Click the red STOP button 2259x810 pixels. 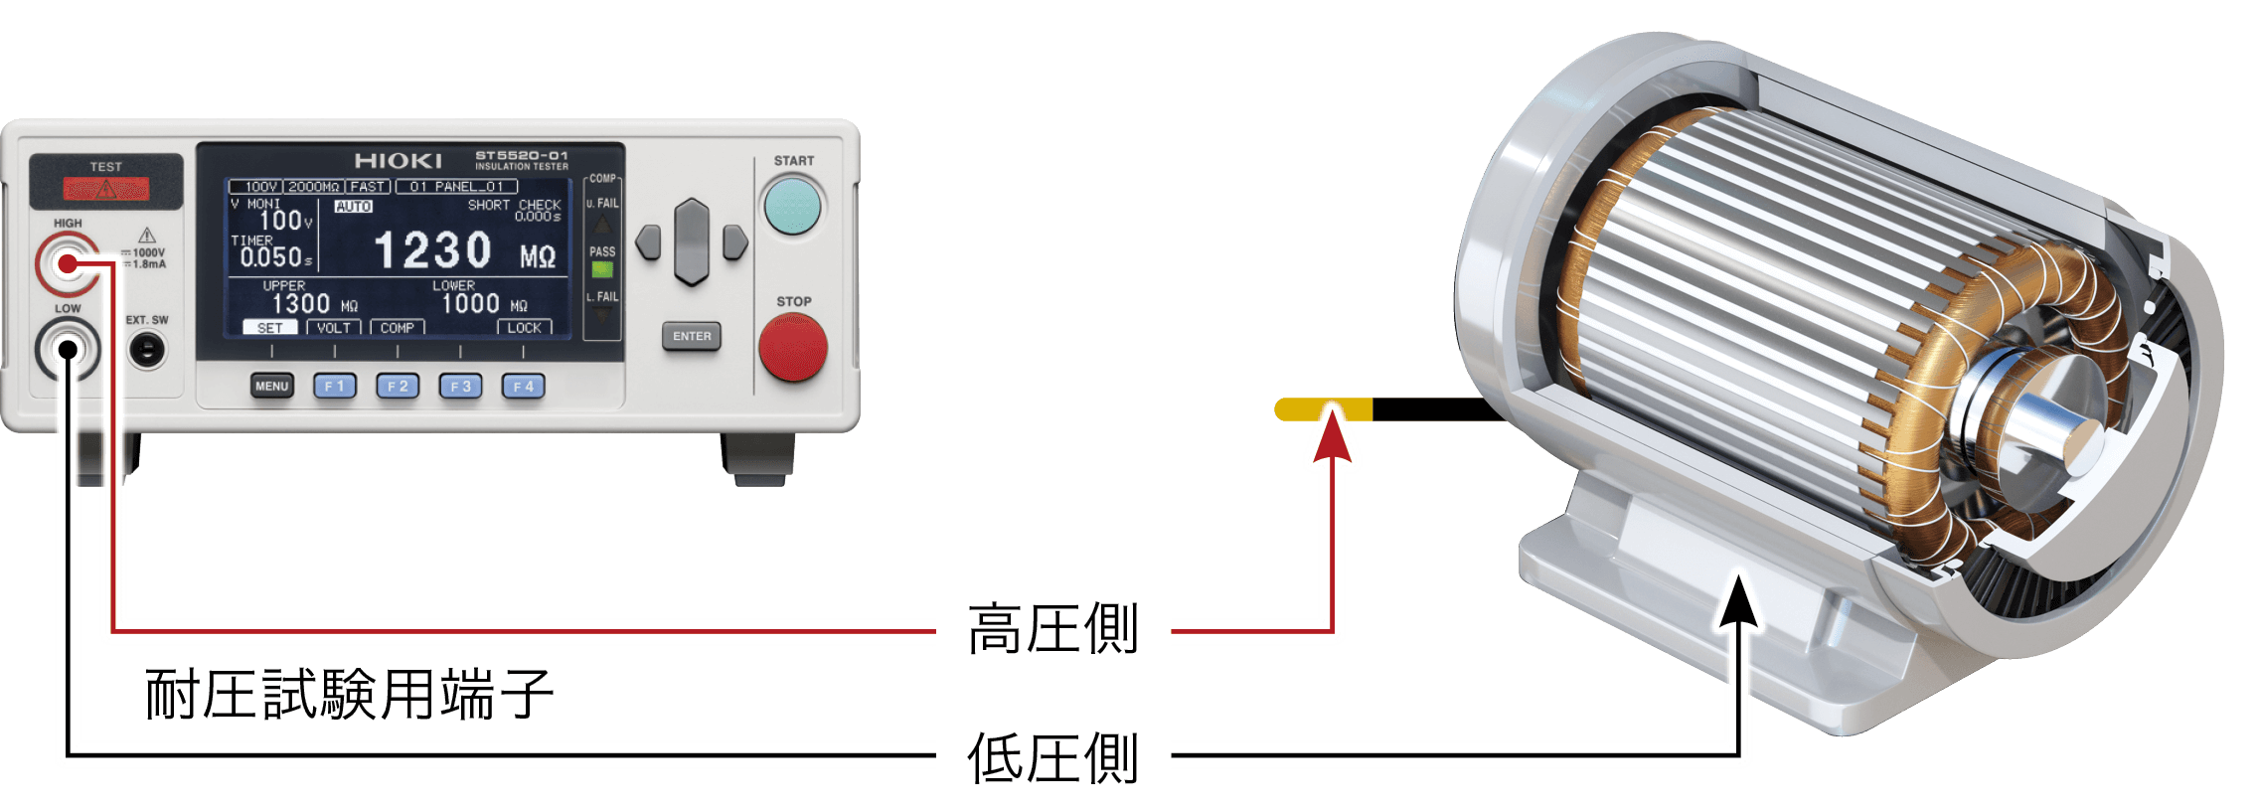[x=792, y=347]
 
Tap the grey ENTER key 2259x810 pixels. [x=692, y=336]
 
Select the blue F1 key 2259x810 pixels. [x=335, y=386]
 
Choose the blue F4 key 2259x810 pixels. [x=523, y=386]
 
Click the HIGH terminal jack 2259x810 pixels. [x=67, y=263]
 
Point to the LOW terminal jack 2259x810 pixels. [x=68, y=350]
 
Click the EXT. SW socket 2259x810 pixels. [x=148, y=349]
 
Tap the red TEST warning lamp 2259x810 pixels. [x=106, y=188]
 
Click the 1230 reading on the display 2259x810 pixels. [x=432, y=249]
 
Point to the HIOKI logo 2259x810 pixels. [x=398, y=161]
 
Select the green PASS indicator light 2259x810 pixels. [x=602, y=269]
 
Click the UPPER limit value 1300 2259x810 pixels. [x=300, y=303]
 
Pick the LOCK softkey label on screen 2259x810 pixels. [x=524, y=327]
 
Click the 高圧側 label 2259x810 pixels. [x=1053, y=628]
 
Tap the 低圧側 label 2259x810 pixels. [x=1053, y=757]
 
